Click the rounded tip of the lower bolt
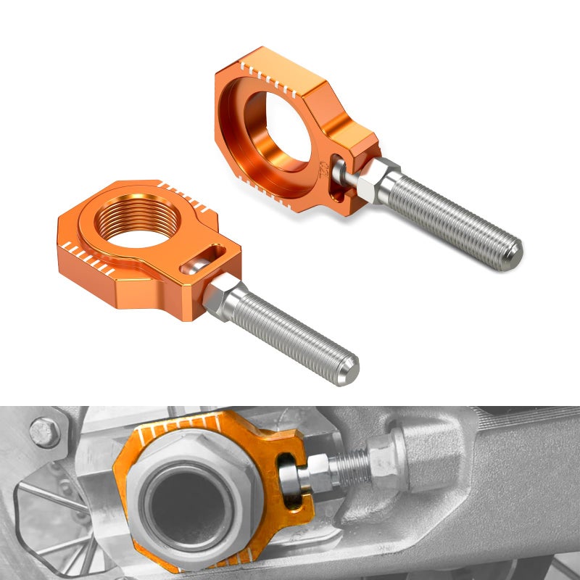tap(349, 370)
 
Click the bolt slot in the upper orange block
tap(336, 176)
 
